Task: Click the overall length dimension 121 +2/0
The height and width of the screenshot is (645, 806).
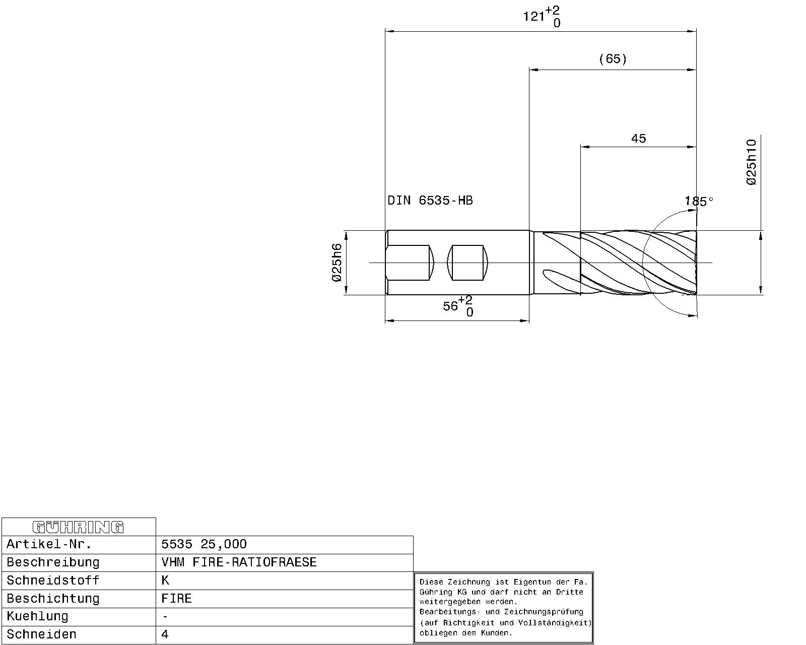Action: pos(542,17)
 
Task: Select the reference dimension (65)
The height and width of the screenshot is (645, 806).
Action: pos(613,59)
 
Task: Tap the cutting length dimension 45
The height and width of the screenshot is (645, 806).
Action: pos(639,139)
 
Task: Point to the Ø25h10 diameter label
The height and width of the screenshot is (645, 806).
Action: pos(751,162)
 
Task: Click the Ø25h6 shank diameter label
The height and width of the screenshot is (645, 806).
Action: pos(337,263)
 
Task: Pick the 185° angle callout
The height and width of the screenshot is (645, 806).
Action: pos(699,202)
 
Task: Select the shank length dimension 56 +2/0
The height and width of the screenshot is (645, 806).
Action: pos(458,306)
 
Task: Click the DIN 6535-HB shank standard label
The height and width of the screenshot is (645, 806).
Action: pos(430,201)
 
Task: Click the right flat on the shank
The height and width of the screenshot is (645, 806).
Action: pos(467,263)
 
